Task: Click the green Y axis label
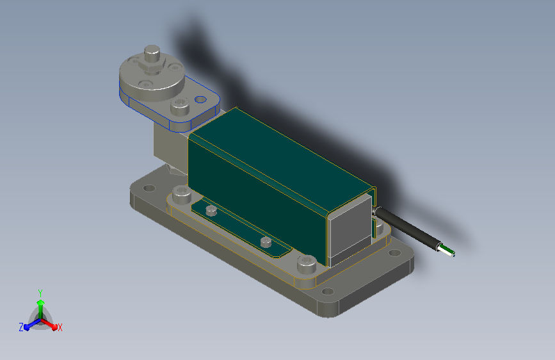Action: [x=40, y=293]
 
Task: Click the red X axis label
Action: [x=60, y=327]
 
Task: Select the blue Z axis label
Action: [x=21, y=327]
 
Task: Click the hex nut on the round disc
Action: [x=152, y=66]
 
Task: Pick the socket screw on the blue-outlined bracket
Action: [x=180, y=106]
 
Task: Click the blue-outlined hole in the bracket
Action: [x=201, y=99]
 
